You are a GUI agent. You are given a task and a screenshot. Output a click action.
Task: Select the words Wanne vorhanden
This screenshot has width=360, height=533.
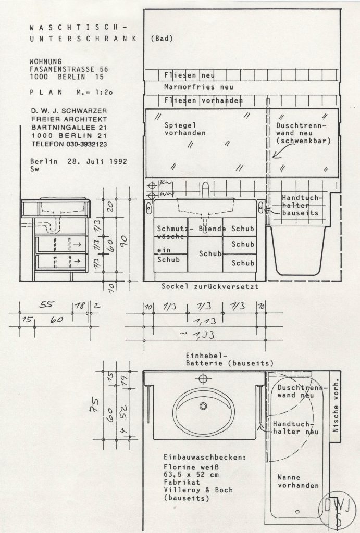pyautogui.click(x=298, y=481)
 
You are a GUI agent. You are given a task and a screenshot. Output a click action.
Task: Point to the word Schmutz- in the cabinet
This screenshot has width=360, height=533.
pyautogui.click(x=174, y=229)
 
